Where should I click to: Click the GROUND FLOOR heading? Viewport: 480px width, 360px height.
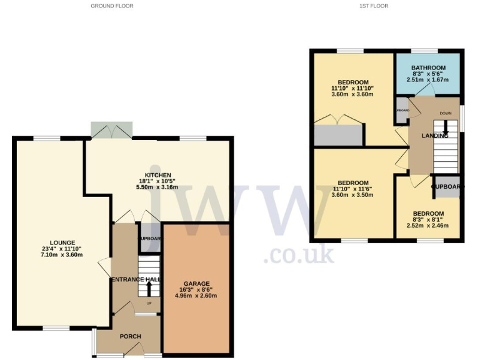click(112, 6)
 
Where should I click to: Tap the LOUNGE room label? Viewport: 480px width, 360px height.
click(62, 243)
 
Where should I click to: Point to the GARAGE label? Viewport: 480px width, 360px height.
click(196, 283)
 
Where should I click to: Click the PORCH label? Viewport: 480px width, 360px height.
click(130, 336)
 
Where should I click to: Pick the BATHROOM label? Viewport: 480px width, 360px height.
click(428, 68)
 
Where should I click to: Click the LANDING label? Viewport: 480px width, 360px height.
click(434, 136)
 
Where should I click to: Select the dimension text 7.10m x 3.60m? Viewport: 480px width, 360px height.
click(62, 256)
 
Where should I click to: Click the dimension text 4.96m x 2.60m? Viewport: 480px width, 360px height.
click(196, 296)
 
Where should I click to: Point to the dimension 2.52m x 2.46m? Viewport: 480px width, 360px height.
click(428, 226)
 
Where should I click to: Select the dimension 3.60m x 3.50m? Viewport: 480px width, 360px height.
click(352, 194)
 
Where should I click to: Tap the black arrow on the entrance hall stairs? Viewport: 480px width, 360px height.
click(149, 289)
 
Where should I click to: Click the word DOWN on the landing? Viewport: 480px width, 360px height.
click(445, 114)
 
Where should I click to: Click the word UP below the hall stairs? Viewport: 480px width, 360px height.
click(149, 304)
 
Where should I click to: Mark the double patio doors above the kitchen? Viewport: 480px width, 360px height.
click(111, 131)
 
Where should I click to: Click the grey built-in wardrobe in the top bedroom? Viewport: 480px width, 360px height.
click(338, 135)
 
